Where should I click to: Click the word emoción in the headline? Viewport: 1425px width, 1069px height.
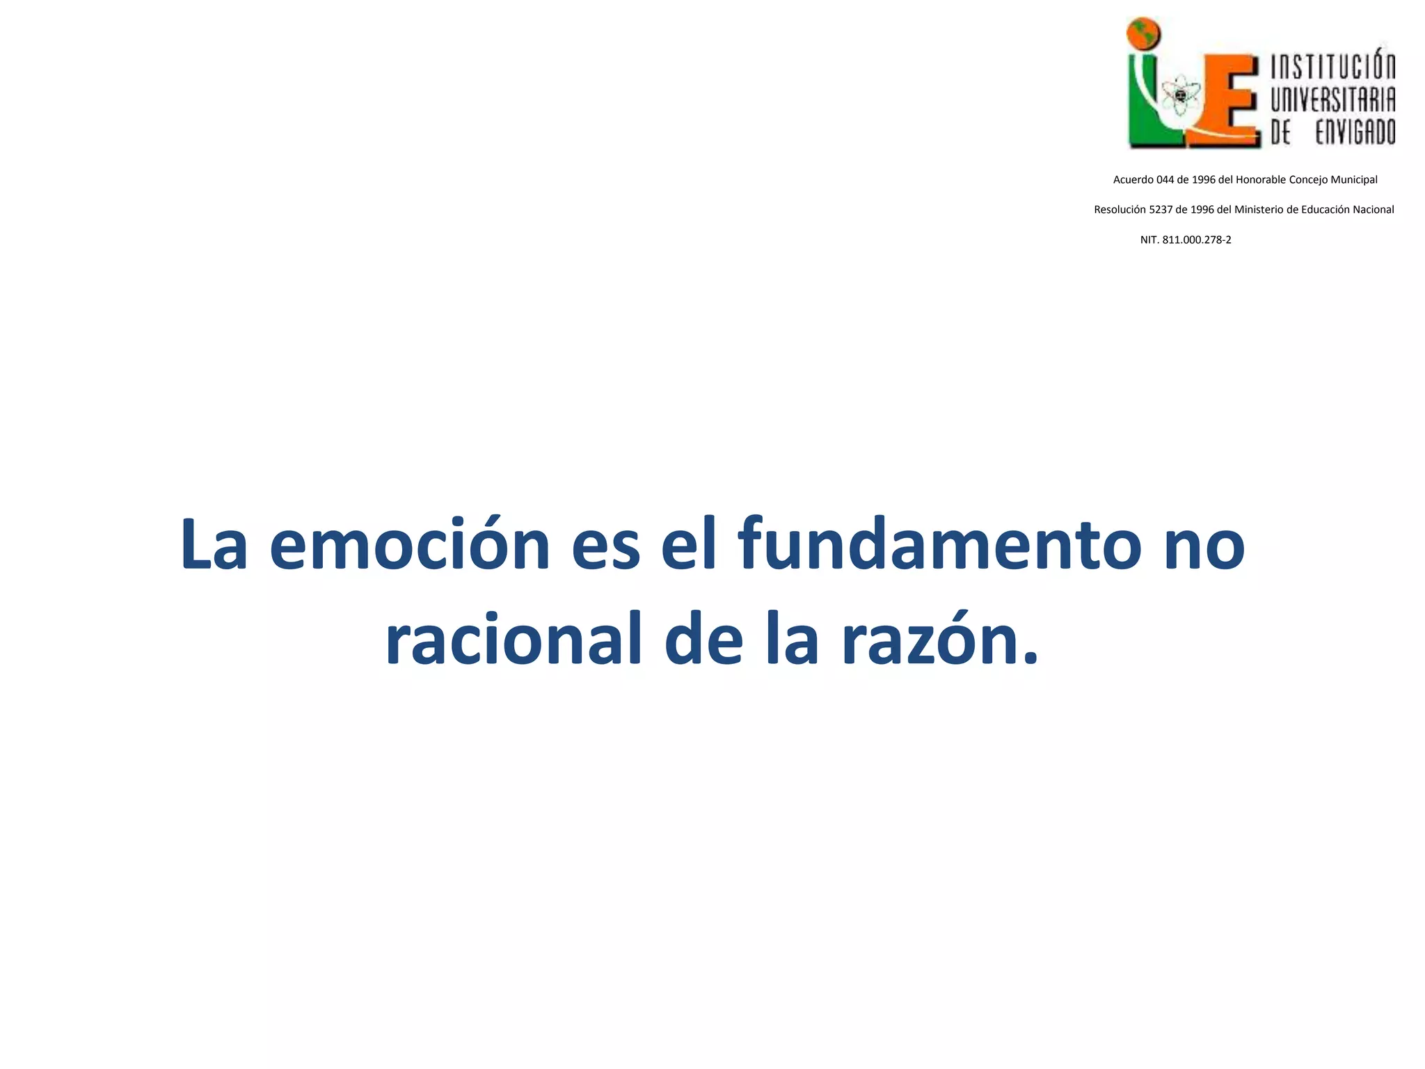coord(410,544)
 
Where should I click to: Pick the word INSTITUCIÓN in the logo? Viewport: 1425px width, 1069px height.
coord(1333,68)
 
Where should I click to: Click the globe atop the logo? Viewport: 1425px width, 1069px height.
coord(1144,33)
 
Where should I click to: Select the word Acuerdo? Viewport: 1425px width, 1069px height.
coord(1133,180)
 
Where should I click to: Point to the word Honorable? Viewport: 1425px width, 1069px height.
coord(1261,180)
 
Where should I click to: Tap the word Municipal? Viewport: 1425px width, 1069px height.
coord(1354,180)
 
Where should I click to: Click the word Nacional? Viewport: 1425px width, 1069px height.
coord(1373,209)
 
